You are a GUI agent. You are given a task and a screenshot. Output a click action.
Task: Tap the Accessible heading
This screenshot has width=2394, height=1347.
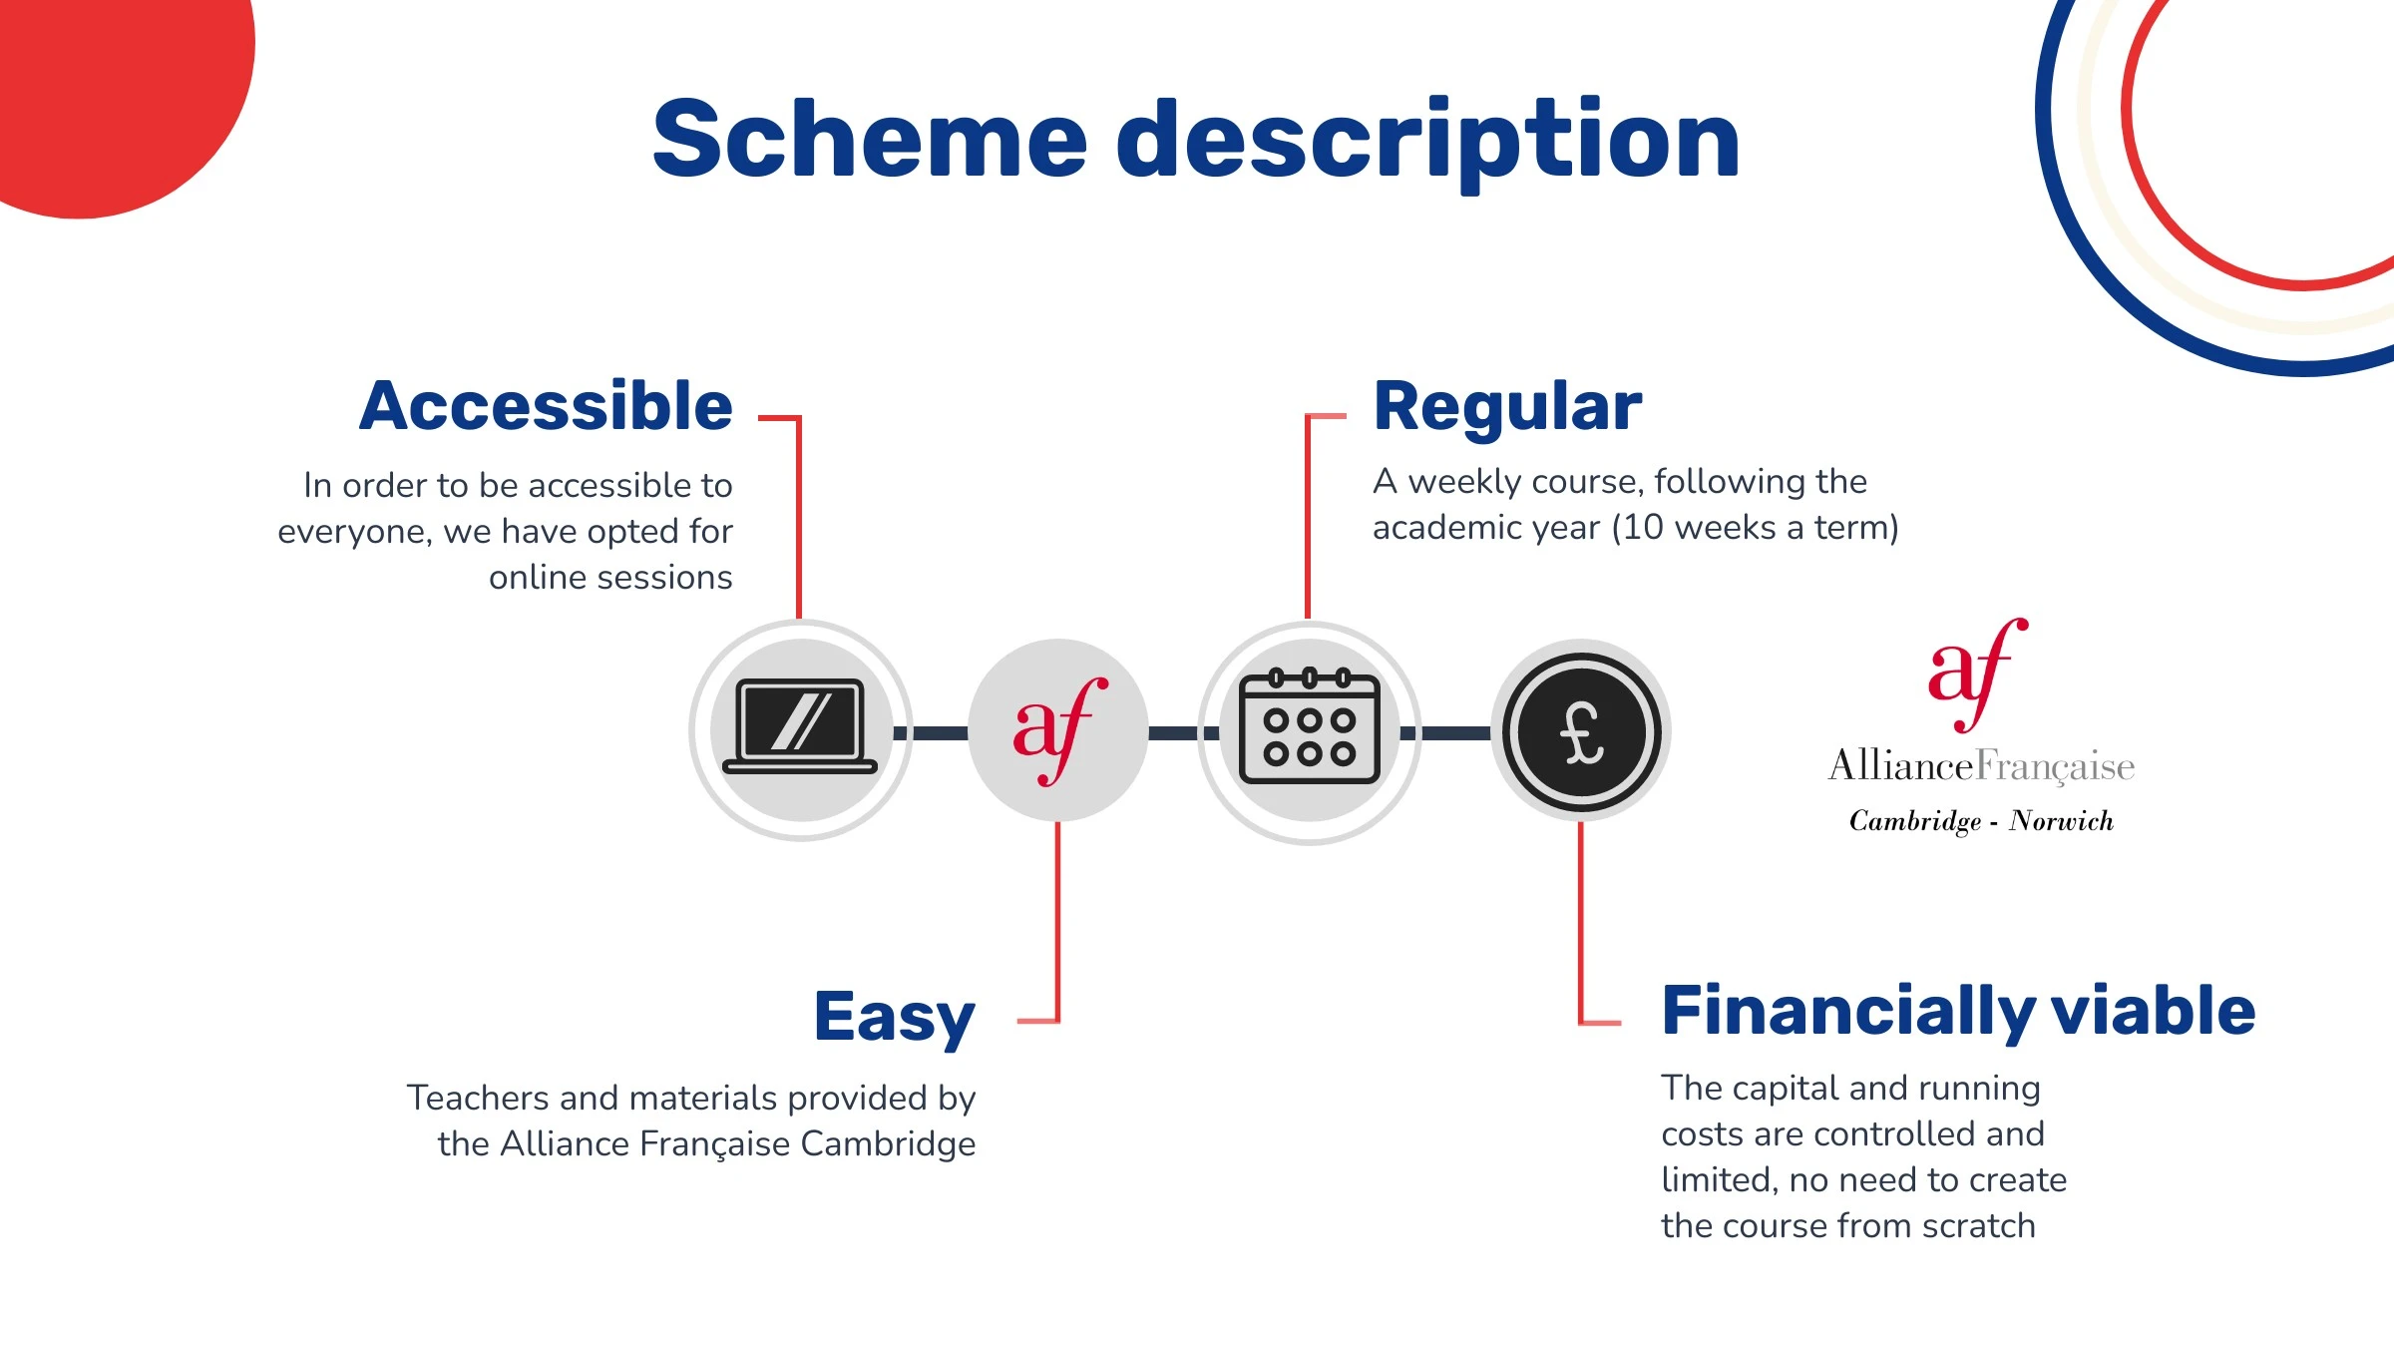point(546,406)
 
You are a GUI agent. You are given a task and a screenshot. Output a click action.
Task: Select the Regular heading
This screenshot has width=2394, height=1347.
point(1507,407)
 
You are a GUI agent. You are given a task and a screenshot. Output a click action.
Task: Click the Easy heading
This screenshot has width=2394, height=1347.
point(895,1018)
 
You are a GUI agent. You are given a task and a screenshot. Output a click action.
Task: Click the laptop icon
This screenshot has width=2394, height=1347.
point(800,726)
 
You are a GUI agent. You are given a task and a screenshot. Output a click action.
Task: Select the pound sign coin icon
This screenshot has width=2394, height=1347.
point(1581,731)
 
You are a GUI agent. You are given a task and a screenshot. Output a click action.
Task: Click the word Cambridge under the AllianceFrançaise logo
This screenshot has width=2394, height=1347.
point(1915,821)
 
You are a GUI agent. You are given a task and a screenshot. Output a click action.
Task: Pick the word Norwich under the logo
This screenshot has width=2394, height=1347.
point(2062,821)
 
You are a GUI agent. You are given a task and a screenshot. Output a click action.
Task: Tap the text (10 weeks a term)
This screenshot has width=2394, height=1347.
point(1756,528)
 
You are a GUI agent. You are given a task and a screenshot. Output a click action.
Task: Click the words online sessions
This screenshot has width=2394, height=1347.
point(610,578)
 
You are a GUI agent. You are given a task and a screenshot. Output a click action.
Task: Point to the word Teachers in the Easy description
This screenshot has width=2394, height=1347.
point(479,1098)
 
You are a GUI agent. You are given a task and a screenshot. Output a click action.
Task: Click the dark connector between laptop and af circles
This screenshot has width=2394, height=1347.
point(930,733)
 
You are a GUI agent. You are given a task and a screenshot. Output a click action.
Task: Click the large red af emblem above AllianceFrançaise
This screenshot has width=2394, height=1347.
point(1977,674)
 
